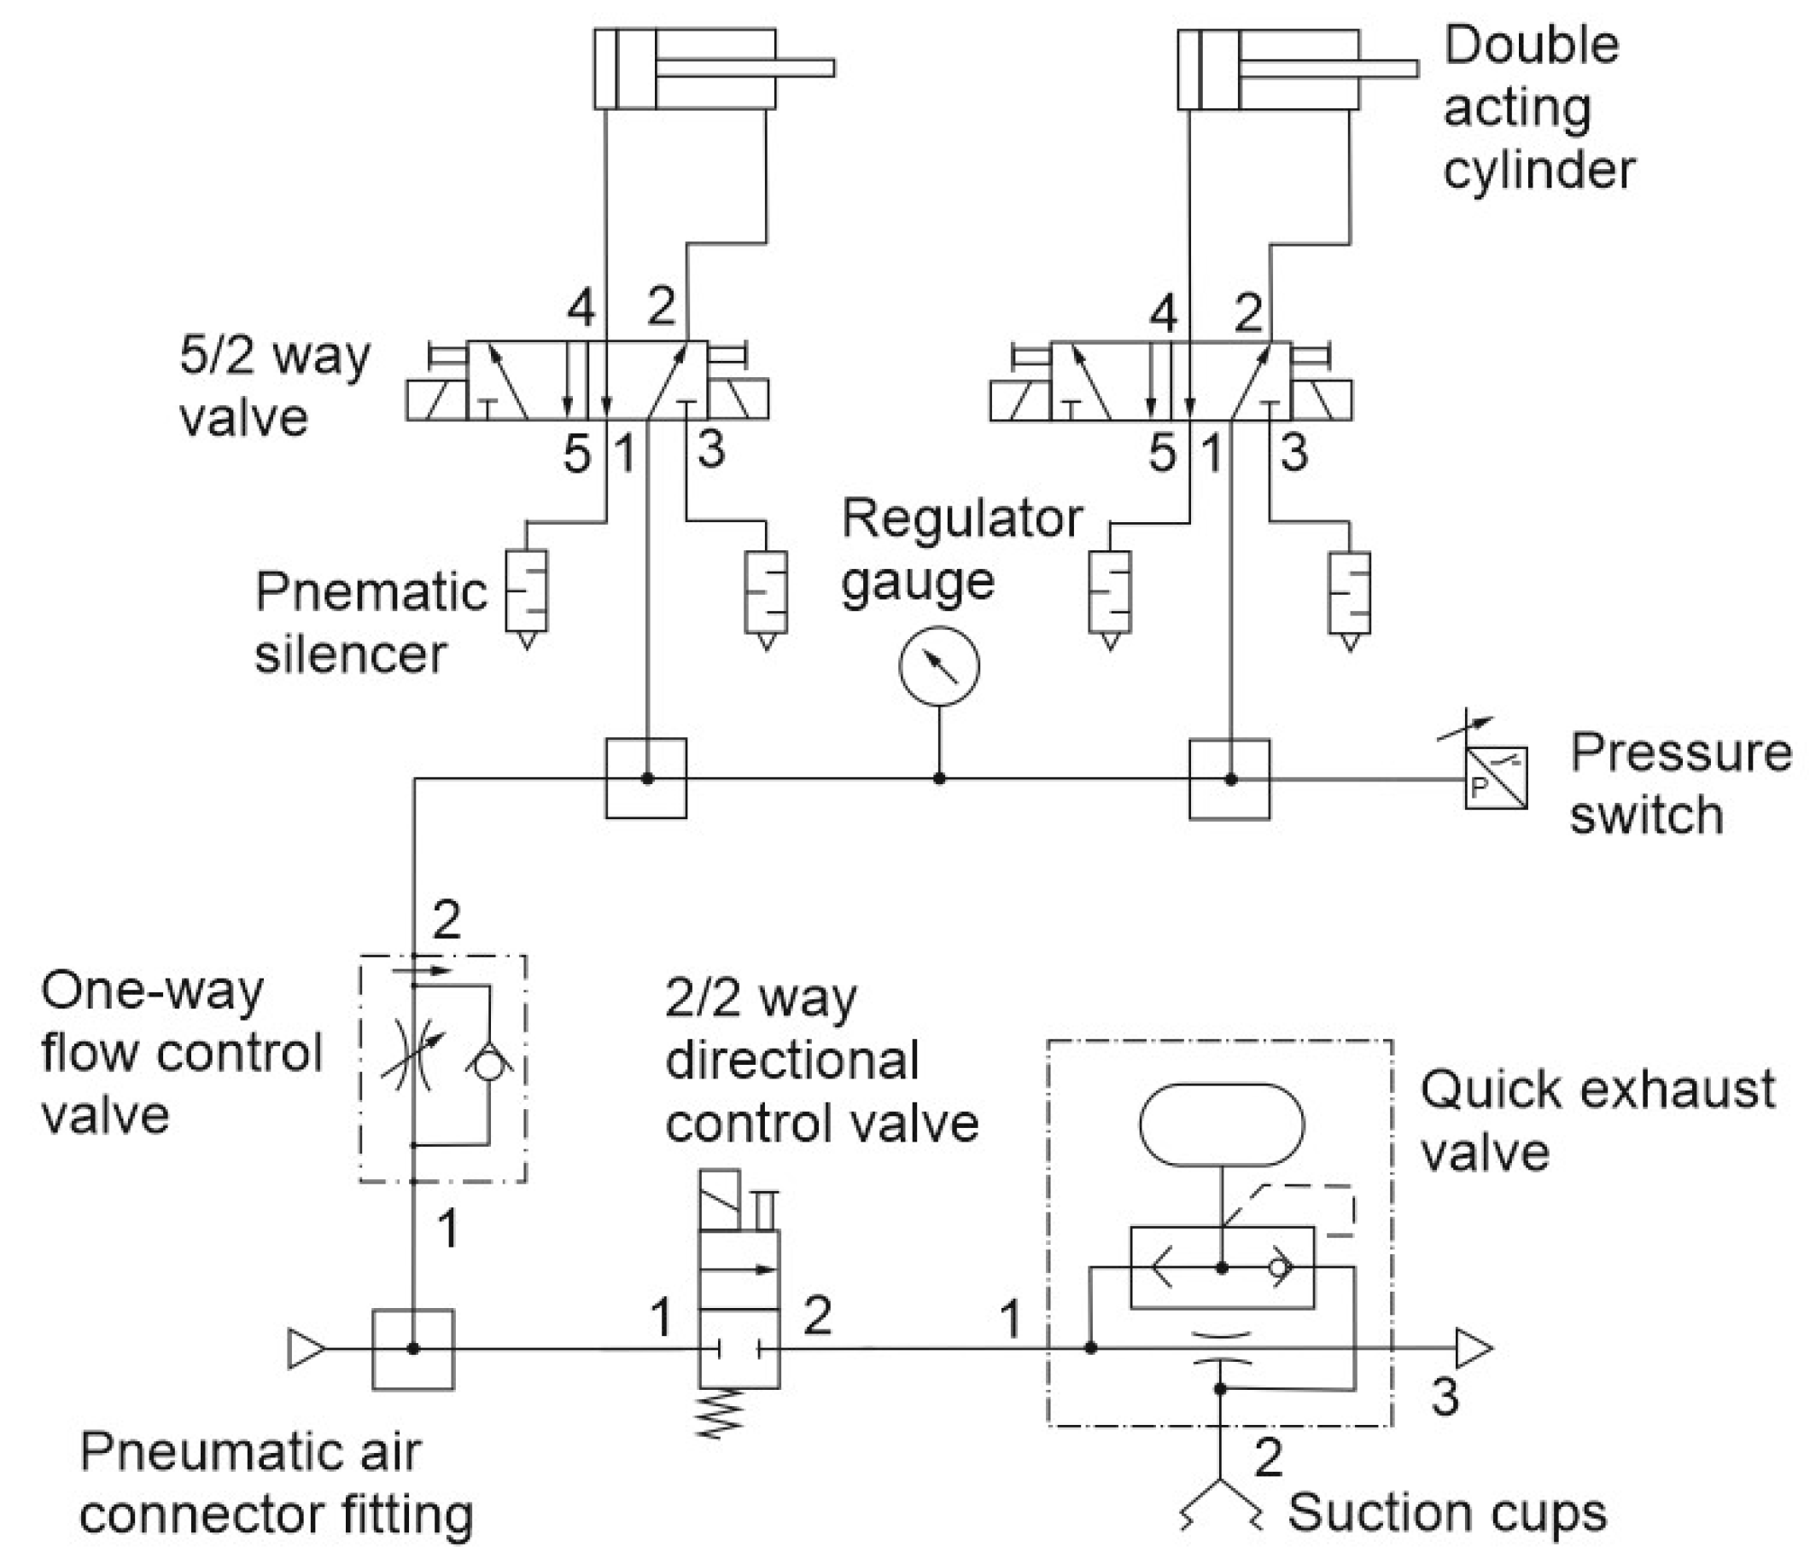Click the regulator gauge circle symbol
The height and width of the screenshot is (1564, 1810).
click(x=939, y=666)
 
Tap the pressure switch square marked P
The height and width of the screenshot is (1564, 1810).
click(x=1496, y=778)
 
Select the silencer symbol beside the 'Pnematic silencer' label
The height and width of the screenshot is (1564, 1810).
click(x=527, y=591)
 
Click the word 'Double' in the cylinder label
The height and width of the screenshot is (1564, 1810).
click(x=1532, y=45)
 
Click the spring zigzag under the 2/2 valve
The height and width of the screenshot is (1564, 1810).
click(x=720, y=1416)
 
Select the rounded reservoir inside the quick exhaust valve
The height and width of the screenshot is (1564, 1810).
click(x=1221, y=1125)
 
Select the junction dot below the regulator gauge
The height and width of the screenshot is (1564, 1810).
click(x=939, y=778)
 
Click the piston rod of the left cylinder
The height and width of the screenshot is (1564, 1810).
click(x=745, y=68)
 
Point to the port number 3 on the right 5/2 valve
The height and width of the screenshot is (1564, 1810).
click(x=1293, y=452)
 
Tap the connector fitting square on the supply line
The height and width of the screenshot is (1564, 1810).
click(x=413, y=1349)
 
